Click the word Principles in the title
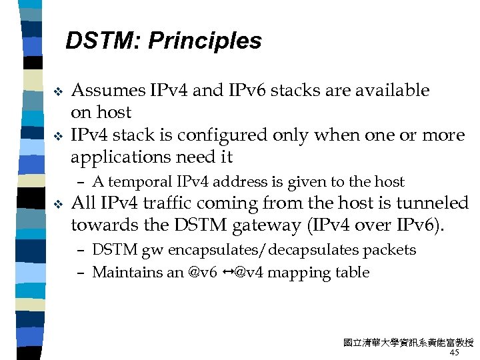point(205,41)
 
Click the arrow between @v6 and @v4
point(227,272)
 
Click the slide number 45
point(455,352)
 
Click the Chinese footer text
point(408,343)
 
